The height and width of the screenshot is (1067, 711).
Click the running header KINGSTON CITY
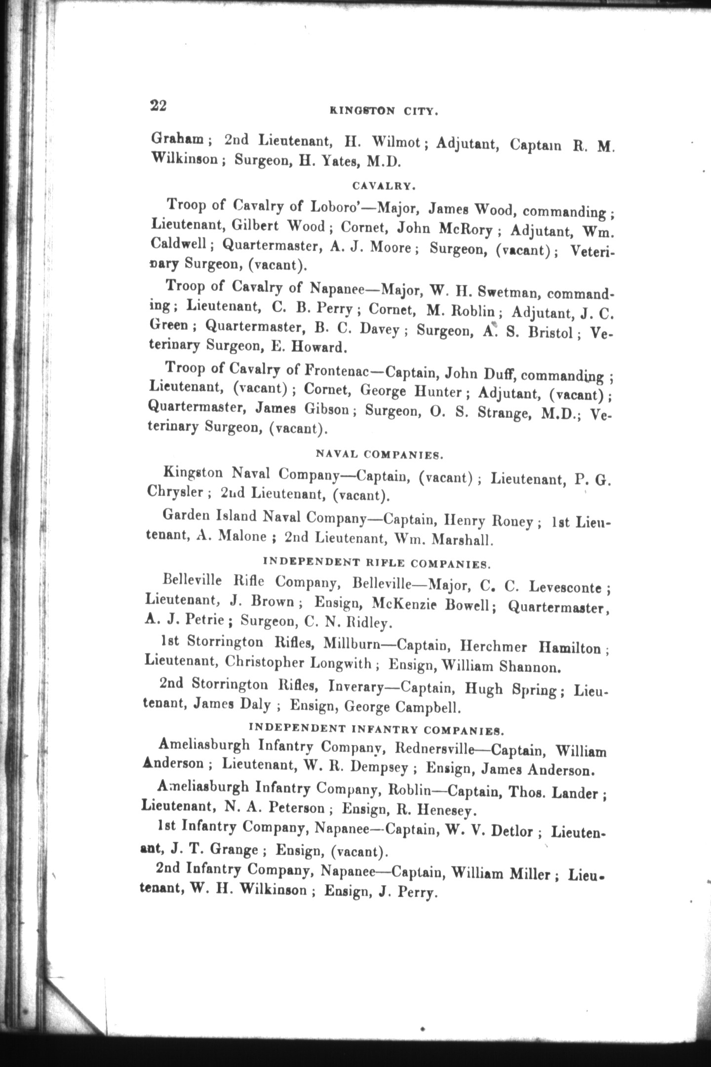384,112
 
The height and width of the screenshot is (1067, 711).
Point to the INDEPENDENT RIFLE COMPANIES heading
377,563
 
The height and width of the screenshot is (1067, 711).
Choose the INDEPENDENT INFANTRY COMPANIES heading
376,729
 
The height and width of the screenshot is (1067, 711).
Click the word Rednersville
434,748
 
